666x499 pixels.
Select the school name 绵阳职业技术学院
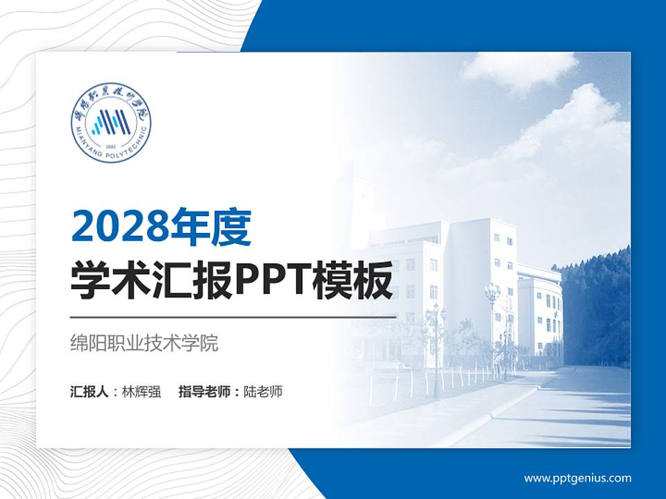tap(144, 343)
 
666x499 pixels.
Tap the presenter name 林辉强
tap(141, 392)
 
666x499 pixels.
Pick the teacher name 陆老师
tap(263, 392)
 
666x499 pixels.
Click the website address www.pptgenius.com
tap(577, 478)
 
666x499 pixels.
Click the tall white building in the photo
tap(479, 277)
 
